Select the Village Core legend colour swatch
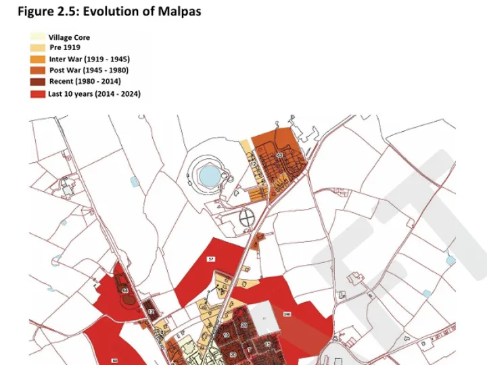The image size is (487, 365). click(x=38, y=38)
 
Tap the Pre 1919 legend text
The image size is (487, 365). click(x=65, y=47)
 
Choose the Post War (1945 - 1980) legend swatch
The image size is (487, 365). click(x=38, y=70)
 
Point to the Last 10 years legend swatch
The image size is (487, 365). click(x=38, y=94)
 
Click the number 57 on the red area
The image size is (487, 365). click(x=211, y=259)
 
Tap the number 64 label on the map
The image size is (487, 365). click(x=125, y=291)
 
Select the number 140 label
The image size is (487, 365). click(x=287, y=314)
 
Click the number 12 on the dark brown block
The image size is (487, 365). click(x=151, y=312)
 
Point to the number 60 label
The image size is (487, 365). click(x=114, y=361)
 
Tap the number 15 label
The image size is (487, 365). click(x=267, y=344)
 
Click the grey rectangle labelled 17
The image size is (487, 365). click(x=264, y=317)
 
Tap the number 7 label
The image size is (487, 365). click(x=250, y=349)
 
